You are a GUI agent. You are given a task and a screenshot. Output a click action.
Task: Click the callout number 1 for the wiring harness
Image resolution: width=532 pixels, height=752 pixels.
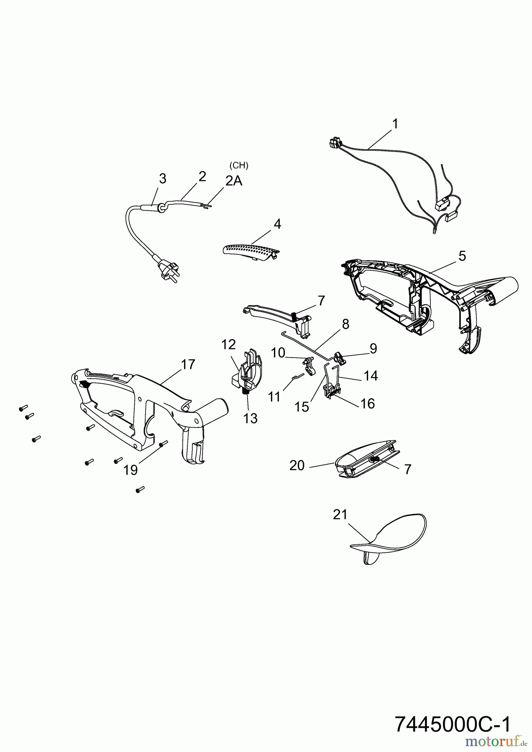[395, 124]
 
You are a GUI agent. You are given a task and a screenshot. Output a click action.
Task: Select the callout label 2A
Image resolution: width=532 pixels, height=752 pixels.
[234, 181]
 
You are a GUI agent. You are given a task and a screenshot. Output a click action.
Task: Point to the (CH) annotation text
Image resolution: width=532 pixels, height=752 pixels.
[239, 165]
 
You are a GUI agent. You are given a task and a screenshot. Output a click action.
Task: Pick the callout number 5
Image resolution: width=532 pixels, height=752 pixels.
[462, 256]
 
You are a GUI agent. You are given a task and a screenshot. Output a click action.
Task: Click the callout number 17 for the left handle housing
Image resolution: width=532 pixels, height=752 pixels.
[188, 364]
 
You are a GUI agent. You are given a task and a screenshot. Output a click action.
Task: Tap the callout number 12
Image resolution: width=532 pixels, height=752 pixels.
[229, 345]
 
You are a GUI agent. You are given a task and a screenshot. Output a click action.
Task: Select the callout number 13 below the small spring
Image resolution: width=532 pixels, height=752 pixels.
[251, 418]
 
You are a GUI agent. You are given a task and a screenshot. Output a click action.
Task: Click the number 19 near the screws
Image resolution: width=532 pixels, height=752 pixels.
[130, 470]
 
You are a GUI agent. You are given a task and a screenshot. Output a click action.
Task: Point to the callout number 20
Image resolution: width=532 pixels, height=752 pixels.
[297, 465]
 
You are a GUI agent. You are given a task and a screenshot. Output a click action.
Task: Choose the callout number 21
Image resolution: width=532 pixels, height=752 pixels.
[340, 515]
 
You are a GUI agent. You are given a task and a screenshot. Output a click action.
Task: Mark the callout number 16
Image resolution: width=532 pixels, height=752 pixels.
[367, 404]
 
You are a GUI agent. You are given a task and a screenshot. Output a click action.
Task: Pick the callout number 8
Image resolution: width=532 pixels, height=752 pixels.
[345, 324]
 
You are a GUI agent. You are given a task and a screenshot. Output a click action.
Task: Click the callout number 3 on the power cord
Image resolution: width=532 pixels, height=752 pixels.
[162, 179]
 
